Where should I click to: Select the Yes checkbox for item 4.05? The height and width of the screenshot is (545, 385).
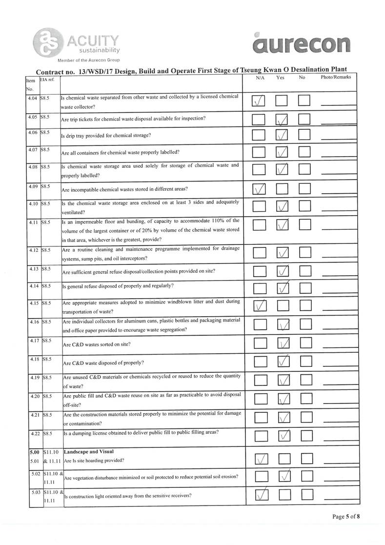(283, 120)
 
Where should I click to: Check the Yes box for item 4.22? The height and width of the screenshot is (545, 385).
(283, 434)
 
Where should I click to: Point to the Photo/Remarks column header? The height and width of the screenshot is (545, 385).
(336, 78)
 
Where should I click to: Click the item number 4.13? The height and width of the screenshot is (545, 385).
(34, 268)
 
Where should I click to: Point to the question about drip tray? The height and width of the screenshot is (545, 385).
(106, 135)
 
